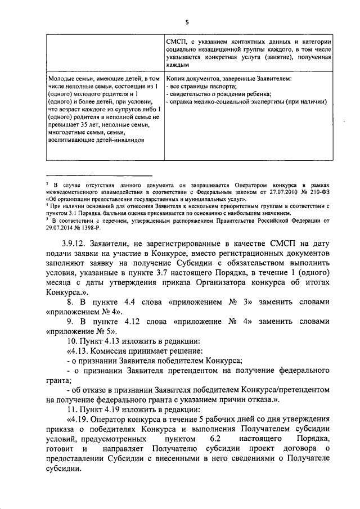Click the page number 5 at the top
188,22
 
